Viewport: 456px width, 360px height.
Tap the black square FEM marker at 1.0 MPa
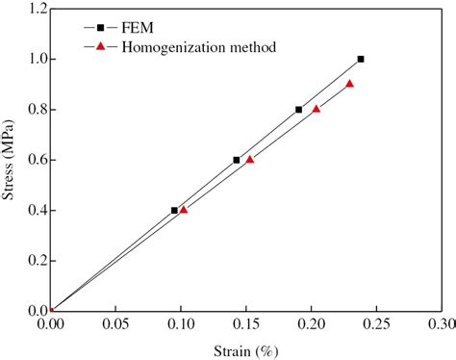[361, 59]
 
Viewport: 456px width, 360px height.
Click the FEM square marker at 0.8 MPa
[299, 110]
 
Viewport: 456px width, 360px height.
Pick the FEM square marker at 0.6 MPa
[237, 160]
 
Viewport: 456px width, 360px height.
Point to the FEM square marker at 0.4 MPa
[174, 210]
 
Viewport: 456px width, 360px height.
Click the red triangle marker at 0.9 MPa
[349, 84]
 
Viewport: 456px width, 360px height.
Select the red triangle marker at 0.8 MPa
[317, 109]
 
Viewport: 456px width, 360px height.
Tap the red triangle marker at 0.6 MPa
[250, 159]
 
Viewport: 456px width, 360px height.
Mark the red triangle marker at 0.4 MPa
[184, 209]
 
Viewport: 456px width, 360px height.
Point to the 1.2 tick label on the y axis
[34, 10]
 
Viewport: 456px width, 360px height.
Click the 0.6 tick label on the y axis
[34, 160]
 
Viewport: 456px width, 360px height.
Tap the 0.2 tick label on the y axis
[34, 261]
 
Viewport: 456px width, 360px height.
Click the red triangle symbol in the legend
[100, 46]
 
